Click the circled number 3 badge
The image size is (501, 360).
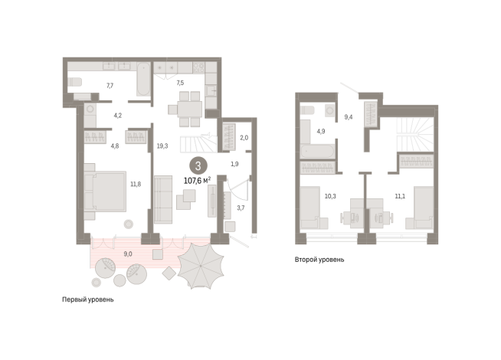click(x=198, y=165)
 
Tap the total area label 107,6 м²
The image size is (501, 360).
click(x=197, y=181)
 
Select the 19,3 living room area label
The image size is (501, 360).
click(x=162, y=146)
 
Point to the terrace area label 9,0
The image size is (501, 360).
click(x=128, y=254)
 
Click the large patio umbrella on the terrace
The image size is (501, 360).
click(x=201, y=266)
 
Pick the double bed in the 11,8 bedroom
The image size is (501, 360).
click(x=105, y=191)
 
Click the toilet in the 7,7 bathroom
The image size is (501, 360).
click(x=75, y=82)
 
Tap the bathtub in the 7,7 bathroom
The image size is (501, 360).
click(x=143, y=79)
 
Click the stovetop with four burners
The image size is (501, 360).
click(x=198, y=67)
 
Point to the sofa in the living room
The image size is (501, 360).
click(x=163, y=199)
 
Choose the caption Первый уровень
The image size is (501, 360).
click(x=88, y=299)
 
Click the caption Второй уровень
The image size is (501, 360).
click(x=319, y=260)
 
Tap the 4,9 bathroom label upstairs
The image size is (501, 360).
click(x=321, y=131)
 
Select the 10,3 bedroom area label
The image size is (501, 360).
click(x=330, y=196)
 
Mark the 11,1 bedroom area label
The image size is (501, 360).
click(x=400, y=196)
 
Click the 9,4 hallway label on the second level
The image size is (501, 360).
click(x=349, y=117)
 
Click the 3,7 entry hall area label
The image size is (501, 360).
click(x=241, y=208)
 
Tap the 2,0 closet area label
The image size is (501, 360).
click(x=244, y=138)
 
